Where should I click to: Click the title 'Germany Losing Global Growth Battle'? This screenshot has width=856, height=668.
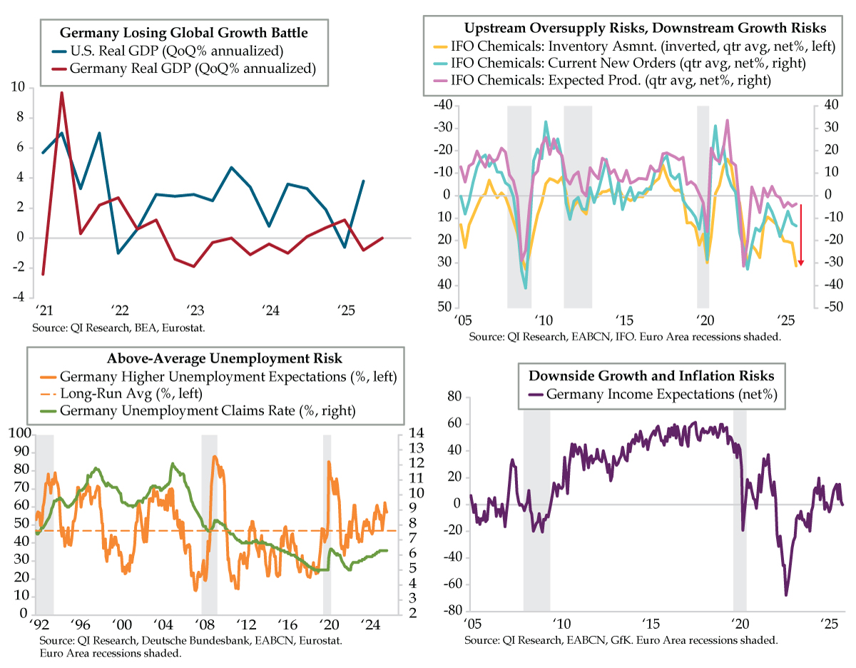click(x=184, y=33)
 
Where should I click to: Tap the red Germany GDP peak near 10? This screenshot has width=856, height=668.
click(x=61, y=93)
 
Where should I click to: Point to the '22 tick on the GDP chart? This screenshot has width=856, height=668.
click(x=119, y=310)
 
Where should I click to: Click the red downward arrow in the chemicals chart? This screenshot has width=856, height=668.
click(x=800, y=236)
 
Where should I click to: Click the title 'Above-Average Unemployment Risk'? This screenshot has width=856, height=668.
click(x=215, y=359)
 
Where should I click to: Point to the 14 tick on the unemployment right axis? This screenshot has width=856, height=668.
click(x=417, y=433)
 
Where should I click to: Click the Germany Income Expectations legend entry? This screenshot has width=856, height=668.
click(x=660, y=393)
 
